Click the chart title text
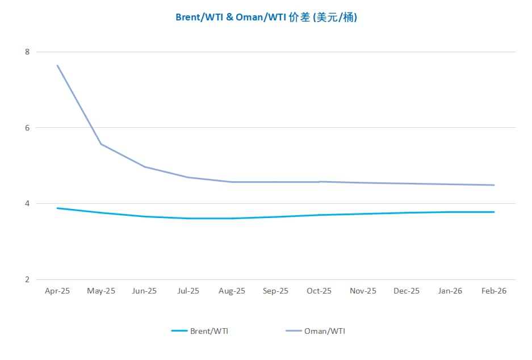266,17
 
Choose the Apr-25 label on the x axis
57,291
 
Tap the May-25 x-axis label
101,291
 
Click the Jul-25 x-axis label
188,291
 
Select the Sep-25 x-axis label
275,291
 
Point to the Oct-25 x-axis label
319,291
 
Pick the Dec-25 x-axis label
407,291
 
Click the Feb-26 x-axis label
494,291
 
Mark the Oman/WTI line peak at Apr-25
57,65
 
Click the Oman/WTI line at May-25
101,144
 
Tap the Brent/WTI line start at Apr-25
57,208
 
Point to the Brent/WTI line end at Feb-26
494,212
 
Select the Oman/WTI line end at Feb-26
494,185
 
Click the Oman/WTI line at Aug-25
232,182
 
